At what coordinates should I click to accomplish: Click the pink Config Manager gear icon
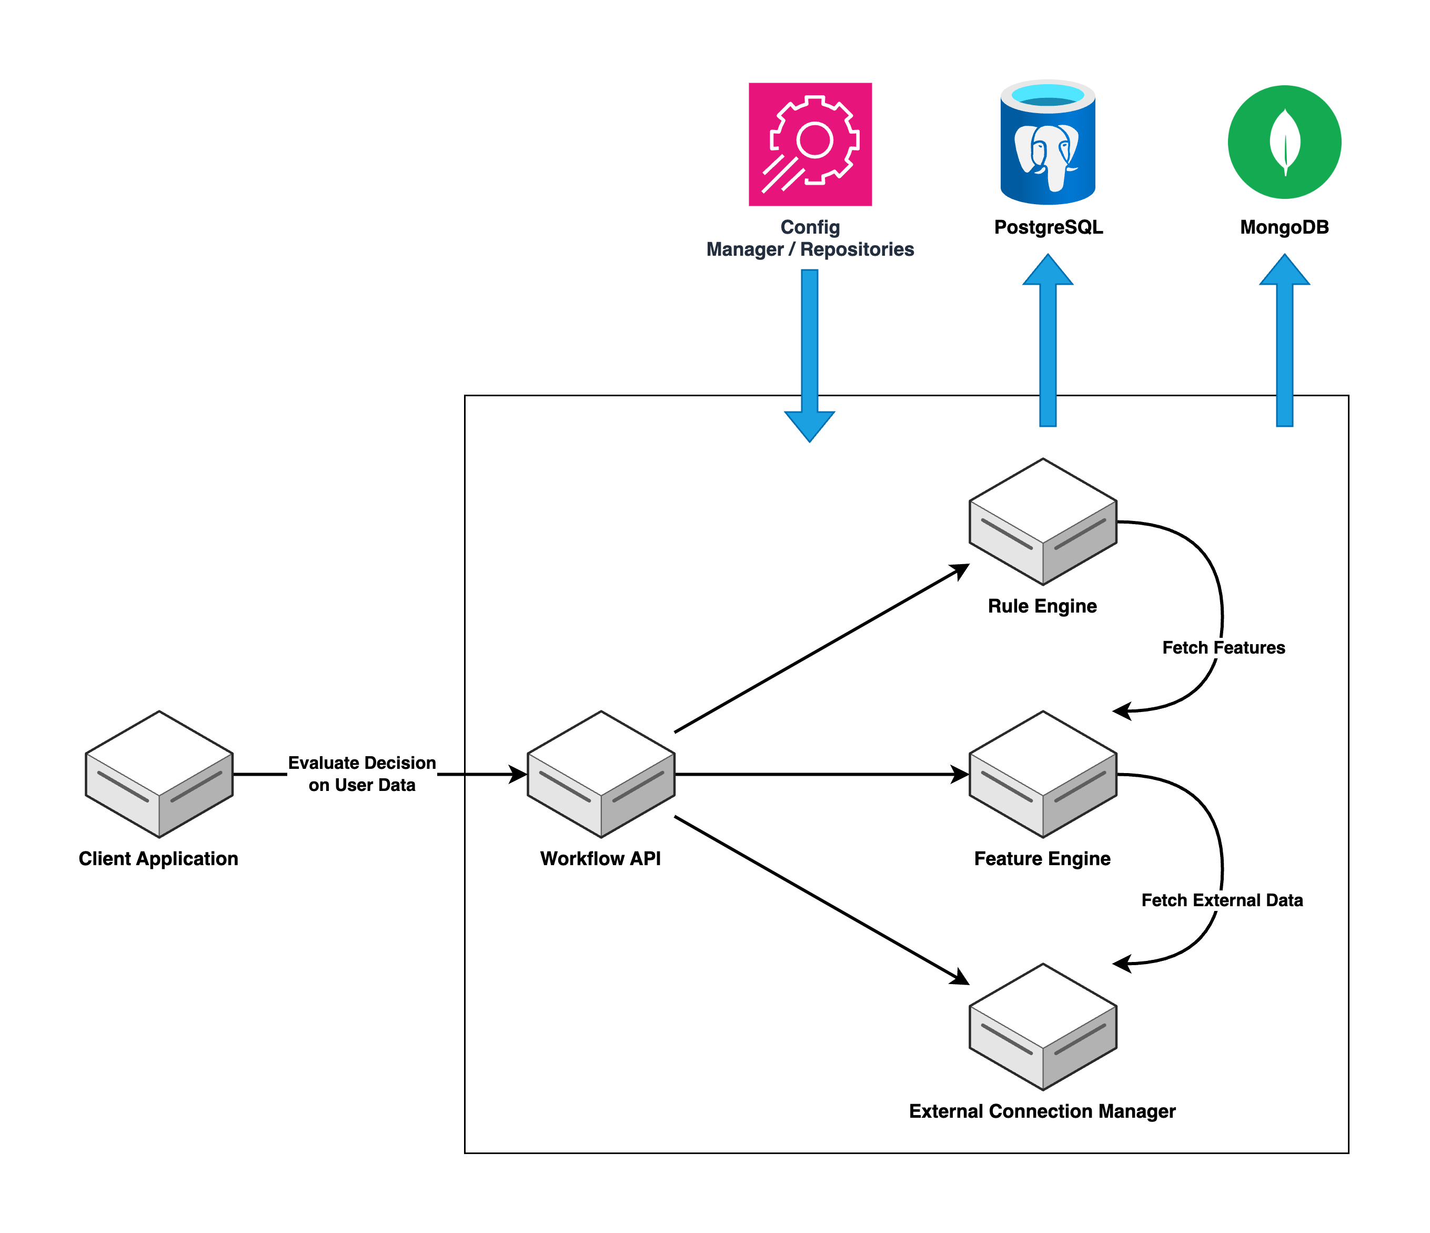(810, 144)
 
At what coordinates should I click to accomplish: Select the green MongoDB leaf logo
(1284, 142)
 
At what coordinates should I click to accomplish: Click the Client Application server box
(159, 775)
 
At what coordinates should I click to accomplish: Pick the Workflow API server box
(600, 775)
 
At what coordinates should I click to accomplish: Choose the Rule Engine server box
(1043, 522)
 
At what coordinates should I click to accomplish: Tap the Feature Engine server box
(1043, 775)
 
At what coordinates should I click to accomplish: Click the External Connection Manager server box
(1043, 1027)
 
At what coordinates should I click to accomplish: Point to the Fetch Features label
(1223, 648)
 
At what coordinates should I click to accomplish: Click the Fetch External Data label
(1222, 900)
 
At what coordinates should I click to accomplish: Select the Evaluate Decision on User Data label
(361, 774)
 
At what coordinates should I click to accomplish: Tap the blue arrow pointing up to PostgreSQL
(1048, 345)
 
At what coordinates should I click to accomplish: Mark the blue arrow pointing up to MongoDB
(1284, 345)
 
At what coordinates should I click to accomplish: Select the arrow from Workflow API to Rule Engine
(821, 648)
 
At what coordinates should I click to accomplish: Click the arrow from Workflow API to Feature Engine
(821, 775)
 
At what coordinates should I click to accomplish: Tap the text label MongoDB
(1284, 227)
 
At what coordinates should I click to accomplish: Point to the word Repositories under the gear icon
(857, 249)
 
